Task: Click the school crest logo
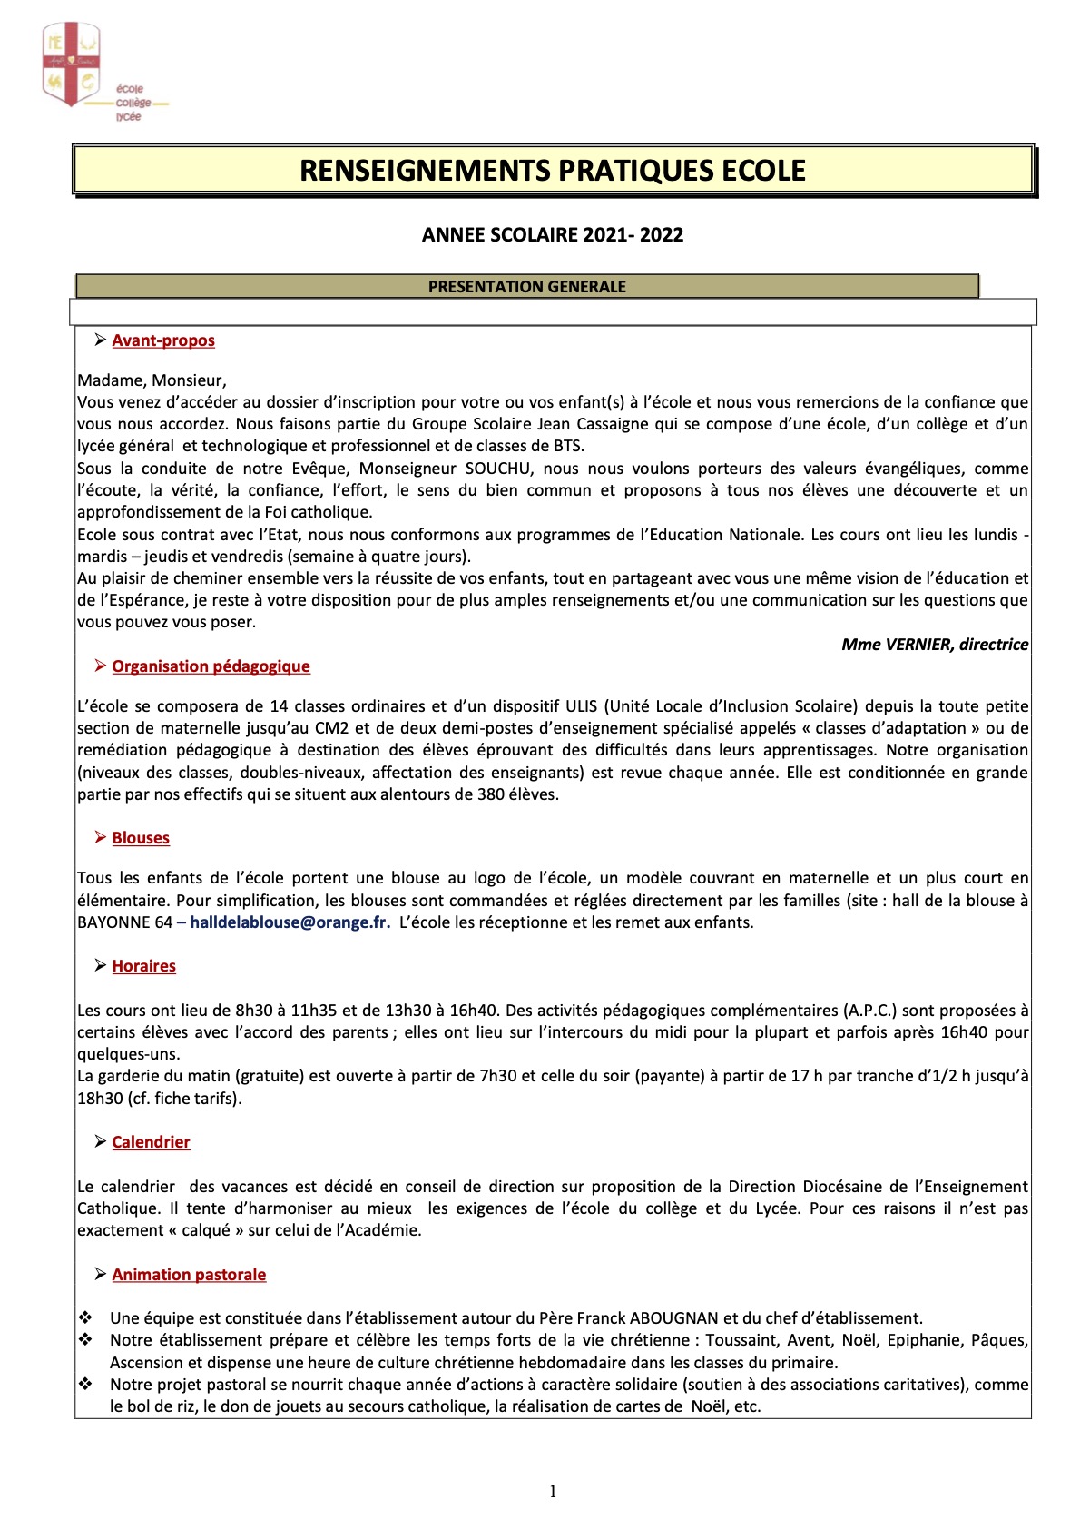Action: point(71,64)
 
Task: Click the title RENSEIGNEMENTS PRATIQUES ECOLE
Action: point(553,171)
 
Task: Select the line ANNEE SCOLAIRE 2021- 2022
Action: point(553,235)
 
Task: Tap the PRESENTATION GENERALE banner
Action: point(527,287)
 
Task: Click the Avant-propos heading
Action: point(163,340)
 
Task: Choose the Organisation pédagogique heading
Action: point(211,666)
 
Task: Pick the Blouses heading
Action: point(141,838)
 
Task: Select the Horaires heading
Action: point(143,966)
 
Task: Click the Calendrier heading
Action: point(151,1142)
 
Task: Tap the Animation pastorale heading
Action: point(189,1275)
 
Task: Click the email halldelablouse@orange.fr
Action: point(290,922)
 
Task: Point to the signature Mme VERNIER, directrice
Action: point(935,645)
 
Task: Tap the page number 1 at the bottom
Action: point(553,1491)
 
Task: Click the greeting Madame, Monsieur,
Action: point(152,380)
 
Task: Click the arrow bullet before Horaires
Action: point(100,965)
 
